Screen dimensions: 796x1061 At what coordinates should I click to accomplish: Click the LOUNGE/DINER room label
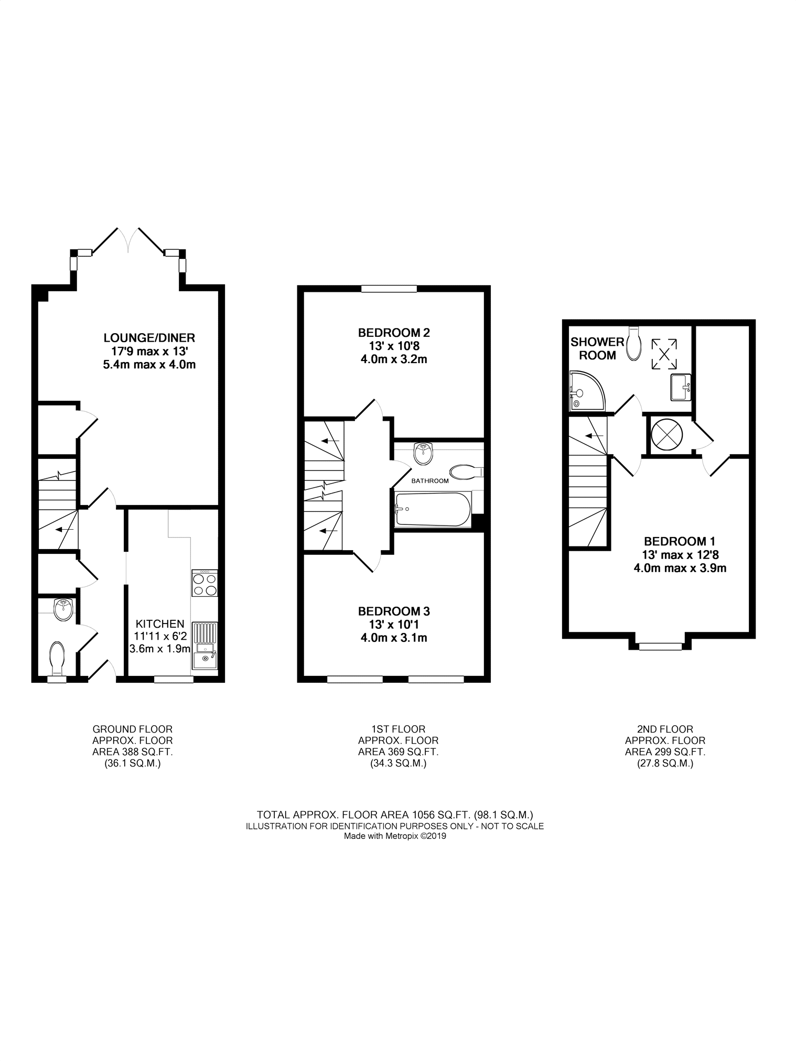coord(149,337)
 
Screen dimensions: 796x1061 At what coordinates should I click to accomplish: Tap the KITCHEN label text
coord(160,624)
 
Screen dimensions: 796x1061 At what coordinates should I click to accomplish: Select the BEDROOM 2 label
coord(394,332)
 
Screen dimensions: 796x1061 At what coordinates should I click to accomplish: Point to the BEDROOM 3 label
coord(394,611)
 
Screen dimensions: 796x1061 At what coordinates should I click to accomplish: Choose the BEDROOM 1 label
coord(679,541)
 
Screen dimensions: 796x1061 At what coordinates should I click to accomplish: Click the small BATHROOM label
coord(430,480)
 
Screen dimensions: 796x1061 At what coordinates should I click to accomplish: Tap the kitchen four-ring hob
coord(205,583)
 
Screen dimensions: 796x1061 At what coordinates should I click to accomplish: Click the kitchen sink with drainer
coord(205,646)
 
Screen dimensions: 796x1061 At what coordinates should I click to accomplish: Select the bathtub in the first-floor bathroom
coord(434,509)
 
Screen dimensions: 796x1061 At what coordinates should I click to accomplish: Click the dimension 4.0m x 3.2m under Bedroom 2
coord(394,359)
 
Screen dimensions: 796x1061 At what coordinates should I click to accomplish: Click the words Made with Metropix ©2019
coord(395,837)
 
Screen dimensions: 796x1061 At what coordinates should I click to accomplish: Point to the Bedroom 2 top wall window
coord(389,288)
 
